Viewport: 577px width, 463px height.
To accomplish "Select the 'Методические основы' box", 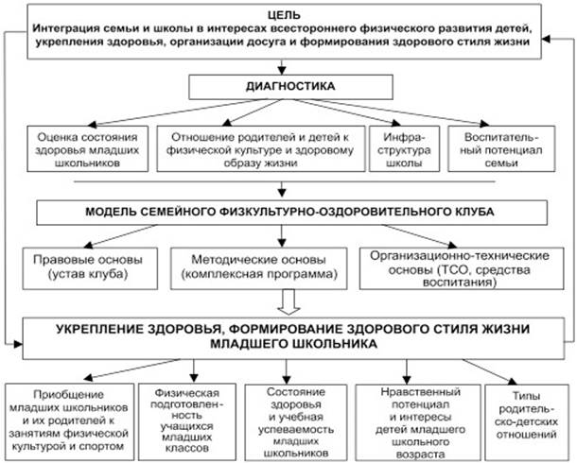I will (256, 266).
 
